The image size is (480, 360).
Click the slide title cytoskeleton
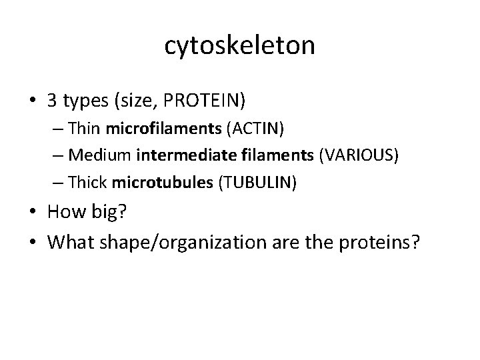(239, 45)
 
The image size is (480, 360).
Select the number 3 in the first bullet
(53, 101)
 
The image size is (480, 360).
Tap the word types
(85, 102)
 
